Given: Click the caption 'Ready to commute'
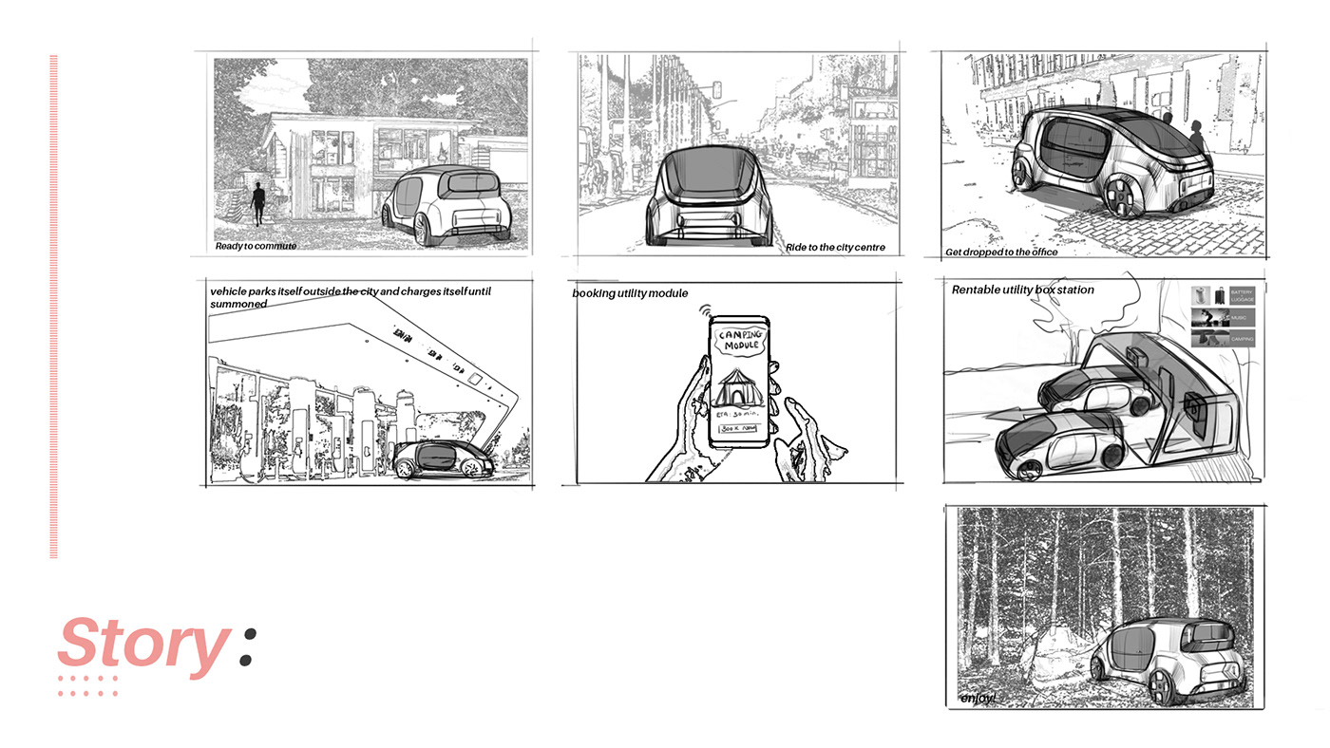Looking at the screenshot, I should pyautogui.click(x=256, y=247).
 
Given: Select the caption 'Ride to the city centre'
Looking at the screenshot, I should pyautogui.click(x=835, y=248).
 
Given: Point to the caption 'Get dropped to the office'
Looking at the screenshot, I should pyautogui.click(x=1001, y=252).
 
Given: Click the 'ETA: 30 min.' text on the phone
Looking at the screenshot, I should pyautogui.click(x=737, y=414).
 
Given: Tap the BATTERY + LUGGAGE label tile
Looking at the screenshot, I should pyautogui.click(x=1241, y=295).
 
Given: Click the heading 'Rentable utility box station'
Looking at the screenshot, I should pyautogui.click(x=1022, y=290).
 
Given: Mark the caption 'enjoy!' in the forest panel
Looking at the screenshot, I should pyautogui.click(x=978, y=699).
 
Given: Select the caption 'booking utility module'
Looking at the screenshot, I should pyautogui.click(x=630, y=293).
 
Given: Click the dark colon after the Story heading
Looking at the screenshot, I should pyautogui.click(x=247, y=645).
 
